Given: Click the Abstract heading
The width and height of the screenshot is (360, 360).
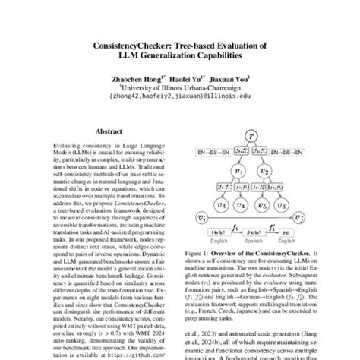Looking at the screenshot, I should pyautogui.click(x=109, y=131).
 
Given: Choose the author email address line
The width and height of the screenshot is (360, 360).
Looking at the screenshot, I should pyautogui.click(x=180, y=96).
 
